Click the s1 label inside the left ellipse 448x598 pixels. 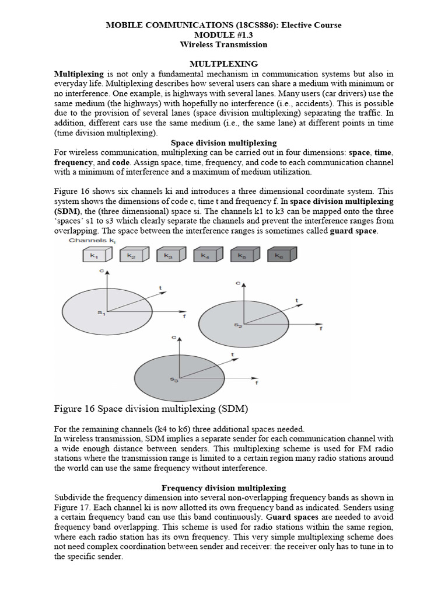101,314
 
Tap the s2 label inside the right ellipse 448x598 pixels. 238,325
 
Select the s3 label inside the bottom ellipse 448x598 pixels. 174,380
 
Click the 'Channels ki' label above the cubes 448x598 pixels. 91,240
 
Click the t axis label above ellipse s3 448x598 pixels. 233,354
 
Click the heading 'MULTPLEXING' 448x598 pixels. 223,64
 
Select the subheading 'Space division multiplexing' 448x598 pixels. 223,143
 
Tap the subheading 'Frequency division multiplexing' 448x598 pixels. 223,488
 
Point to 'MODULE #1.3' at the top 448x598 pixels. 223,34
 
